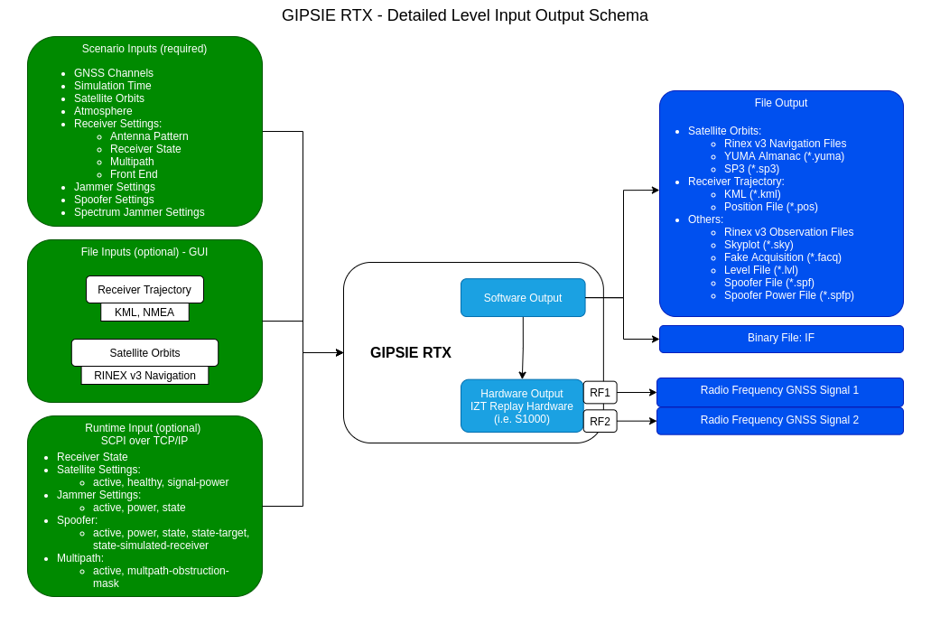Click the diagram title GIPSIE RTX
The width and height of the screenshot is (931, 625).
pyautogui.click(x=464, y=15)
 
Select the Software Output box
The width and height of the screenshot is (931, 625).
pyautogui.click(x=523, y=298)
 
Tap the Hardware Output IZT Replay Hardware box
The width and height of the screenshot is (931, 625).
pyautogui.click(x=522, y=406)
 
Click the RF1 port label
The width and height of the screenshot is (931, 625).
pyautogui.click(x=600, y=393)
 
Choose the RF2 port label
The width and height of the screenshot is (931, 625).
pyautogui.click(x=600, y=422)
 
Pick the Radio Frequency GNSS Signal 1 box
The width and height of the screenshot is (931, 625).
pyautogui.click(x=779, y=392)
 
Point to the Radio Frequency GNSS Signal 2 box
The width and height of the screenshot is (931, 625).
pyautogui.click(x=779, y=421)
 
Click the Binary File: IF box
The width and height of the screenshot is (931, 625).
pyautogui.click(x=780, y=339)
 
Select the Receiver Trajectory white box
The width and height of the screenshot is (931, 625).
pyautogui.click(x=144, y=290)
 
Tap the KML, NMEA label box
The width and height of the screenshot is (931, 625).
pyautogui.click(x=144, y=312)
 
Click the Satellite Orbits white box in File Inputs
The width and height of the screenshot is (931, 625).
pyautogui.click(x=144, y=353)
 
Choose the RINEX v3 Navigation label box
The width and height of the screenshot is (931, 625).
pyautogui.click(x=144, y=376)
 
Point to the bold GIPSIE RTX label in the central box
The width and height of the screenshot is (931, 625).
pyautogui.click(x=411, y=353)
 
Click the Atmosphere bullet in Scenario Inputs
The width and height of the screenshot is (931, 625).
pyautogui.click(x=103, y=111)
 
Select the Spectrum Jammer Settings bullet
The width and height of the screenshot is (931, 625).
pyautogui.click(x=139, y=212)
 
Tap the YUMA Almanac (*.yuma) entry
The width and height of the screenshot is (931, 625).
pyautogui.click(x=784, y=156)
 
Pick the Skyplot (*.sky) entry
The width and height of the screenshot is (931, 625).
pyautogui.click(x=759, y=245)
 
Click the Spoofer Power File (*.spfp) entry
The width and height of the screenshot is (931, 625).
pyautogui.click(x=788, y=295)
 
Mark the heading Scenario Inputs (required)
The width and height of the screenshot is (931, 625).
pyautogui.click(x=144, y=49)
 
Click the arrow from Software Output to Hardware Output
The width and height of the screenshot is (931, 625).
pyautogui.click(x=523, y=348)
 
